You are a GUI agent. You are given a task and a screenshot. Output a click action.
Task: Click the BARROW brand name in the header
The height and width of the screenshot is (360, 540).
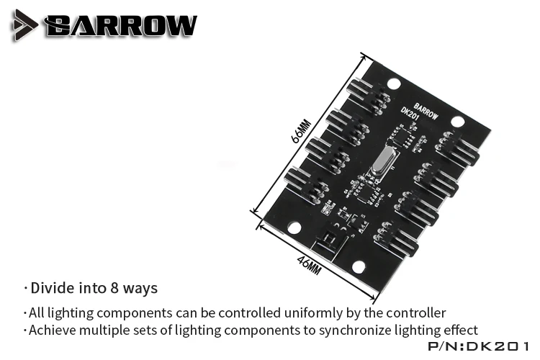click(x=120, y=26)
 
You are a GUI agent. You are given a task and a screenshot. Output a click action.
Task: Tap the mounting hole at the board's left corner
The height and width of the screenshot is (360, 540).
click(x=294, y=228)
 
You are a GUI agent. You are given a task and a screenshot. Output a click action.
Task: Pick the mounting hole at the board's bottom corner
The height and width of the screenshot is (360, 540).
click(x=358, y=267)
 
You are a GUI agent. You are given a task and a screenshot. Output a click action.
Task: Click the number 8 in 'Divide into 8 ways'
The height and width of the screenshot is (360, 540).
click(x=113, y=289)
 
